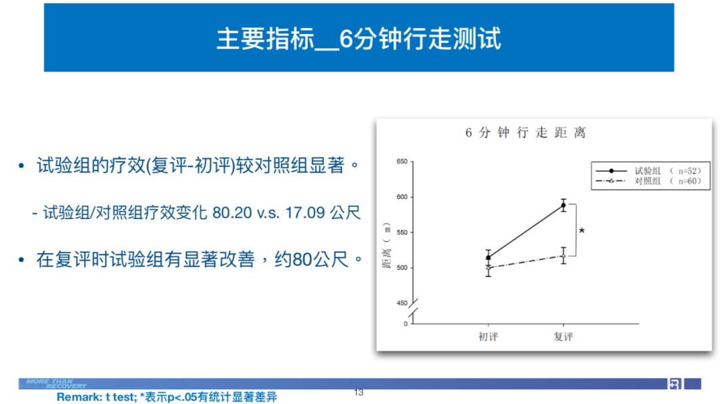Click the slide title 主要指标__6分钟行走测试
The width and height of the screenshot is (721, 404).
(358, 38)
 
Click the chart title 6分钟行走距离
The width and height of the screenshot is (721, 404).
(525, 132)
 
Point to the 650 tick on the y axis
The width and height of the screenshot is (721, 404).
(402, 162)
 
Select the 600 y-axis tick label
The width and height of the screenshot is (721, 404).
(402, 197)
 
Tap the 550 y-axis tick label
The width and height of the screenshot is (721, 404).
(402, 232)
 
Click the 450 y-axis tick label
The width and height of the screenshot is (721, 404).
(402, 303)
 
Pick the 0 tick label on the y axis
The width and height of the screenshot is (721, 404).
(406, 324)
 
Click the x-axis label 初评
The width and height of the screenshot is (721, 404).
(488, 337)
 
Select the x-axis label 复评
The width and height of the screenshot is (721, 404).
(563, 337)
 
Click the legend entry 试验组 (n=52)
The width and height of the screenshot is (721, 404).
(648, 171)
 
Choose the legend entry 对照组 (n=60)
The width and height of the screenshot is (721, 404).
(648, 181)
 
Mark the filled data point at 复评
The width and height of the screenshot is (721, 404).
(563, 206)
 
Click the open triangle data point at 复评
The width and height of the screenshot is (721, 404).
(563, 256)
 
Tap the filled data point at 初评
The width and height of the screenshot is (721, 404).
(488, 257)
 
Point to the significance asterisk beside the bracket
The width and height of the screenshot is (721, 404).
(581, 230)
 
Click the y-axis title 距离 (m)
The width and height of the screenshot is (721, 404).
(387, 245)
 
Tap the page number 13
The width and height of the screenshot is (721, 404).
(358, 393)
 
